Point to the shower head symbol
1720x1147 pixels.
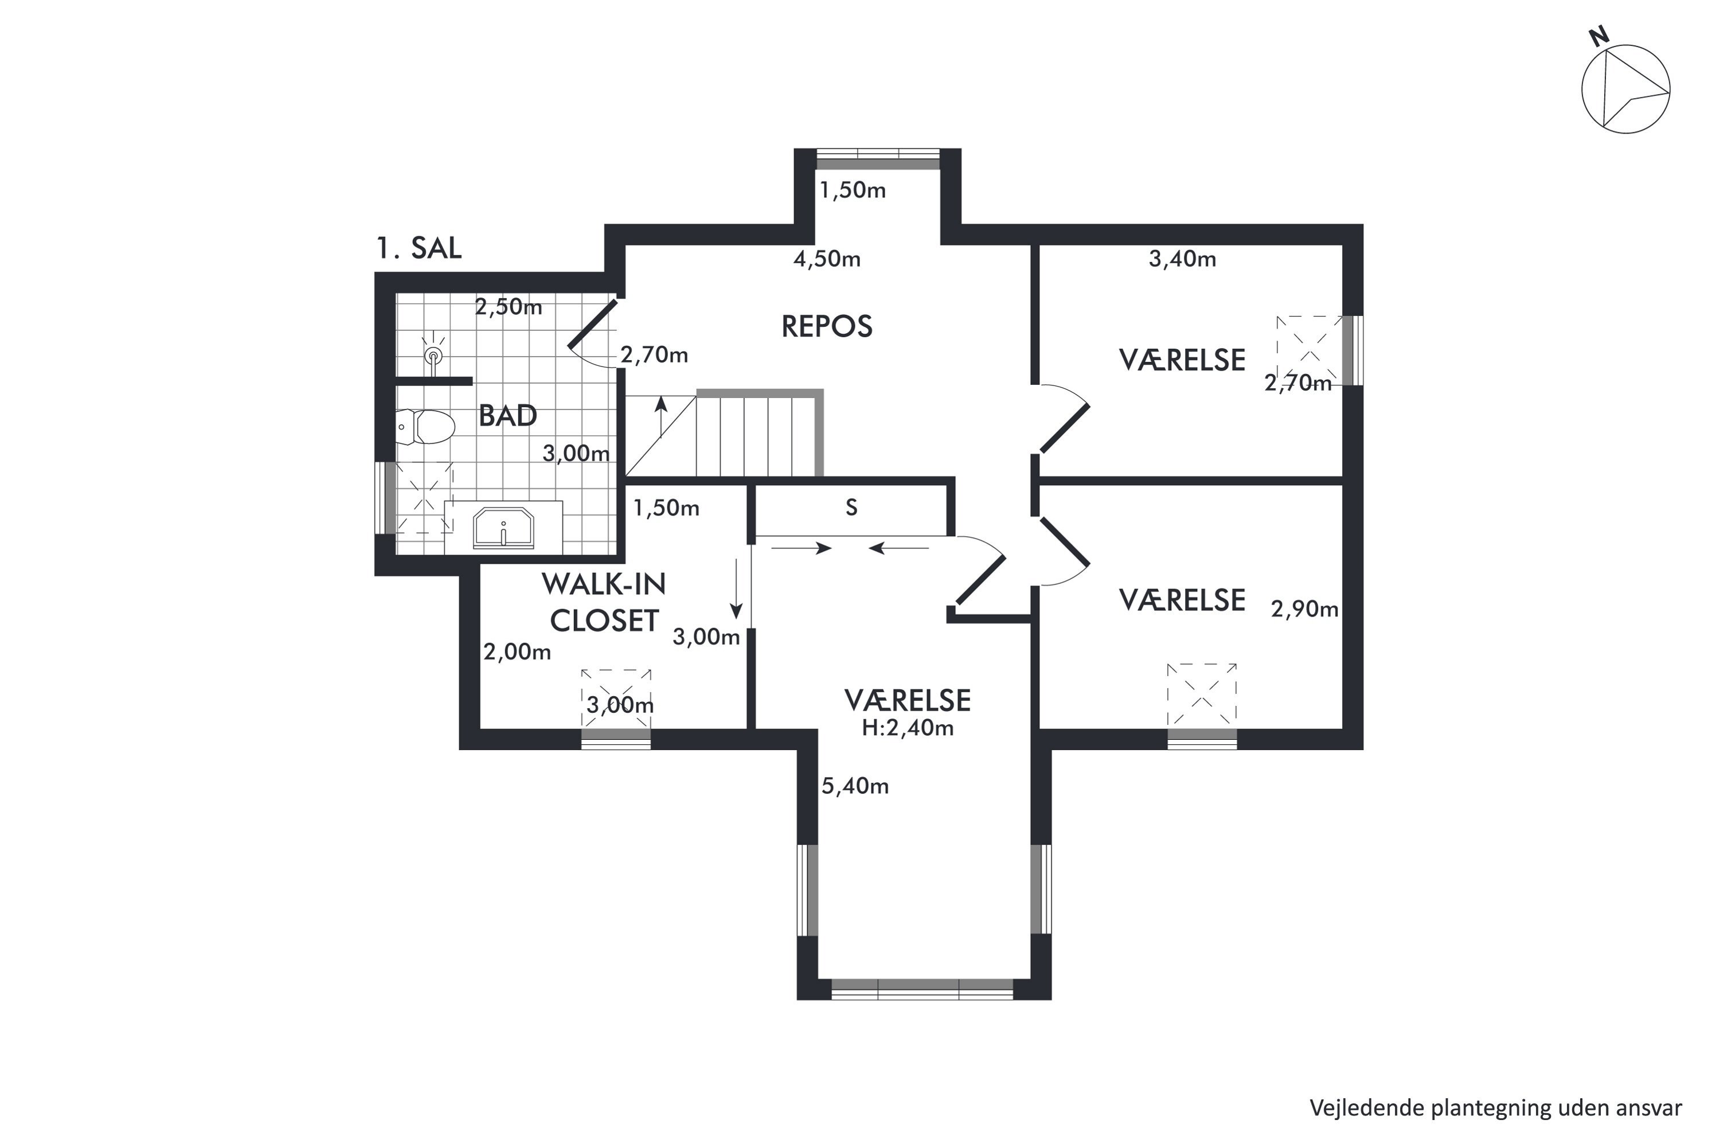click(435, 356)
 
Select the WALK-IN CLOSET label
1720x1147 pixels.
click(604, 602)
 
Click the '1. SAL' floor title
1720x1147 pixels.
click(419, 248)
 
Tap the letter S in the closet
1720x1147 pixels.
click(851, 508)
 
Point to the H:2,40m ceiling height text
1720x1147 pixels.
click(908, 727)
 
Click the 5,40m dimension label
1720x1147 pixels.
click(855, 786)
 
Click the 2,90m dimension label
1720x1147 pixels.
click(1305, 608)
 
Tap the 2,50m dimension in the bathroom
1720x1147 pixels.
click(509, 306)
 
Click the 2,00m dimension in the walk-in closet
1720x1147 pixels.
click(517, 651)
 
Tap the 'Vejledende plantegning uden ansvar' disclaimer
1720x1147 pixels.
click(1495, 1107)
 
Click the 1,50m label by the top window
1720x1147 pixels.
click(853, 190)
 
